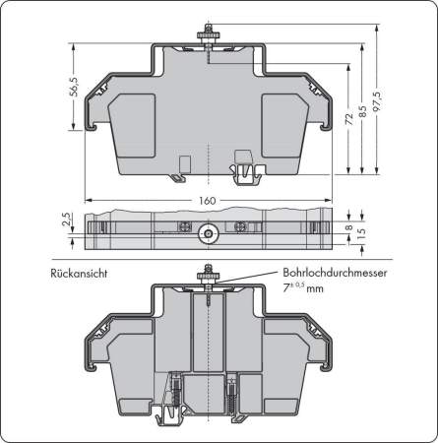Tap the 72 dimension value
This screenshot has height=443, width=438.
click(348, 117)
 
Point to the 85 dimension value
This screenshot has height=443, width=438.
click(365, 111)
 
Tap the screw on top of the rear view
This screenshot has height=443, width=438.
click(209, 278)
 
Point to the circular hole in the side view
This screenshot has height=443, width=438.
click(209, 234)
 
